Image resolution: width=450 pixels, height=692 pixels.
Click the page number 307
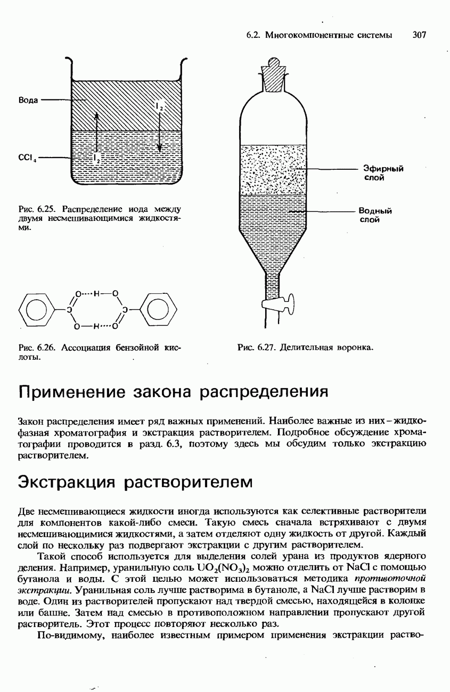pos(420,35)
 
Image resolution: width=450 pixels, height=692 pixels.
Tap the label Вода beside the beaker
pos(28,100)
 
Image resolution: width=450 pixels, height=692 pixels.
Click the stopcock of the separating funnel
pos(278,304)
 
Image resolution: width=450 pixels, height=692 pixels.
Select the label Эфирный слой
pos(383,173)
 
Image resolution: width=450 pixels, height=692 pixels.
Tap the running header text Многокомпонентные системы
pos(329,35)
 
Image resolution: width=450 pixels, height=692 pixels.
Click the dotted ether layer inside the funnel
pos(273,169)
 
